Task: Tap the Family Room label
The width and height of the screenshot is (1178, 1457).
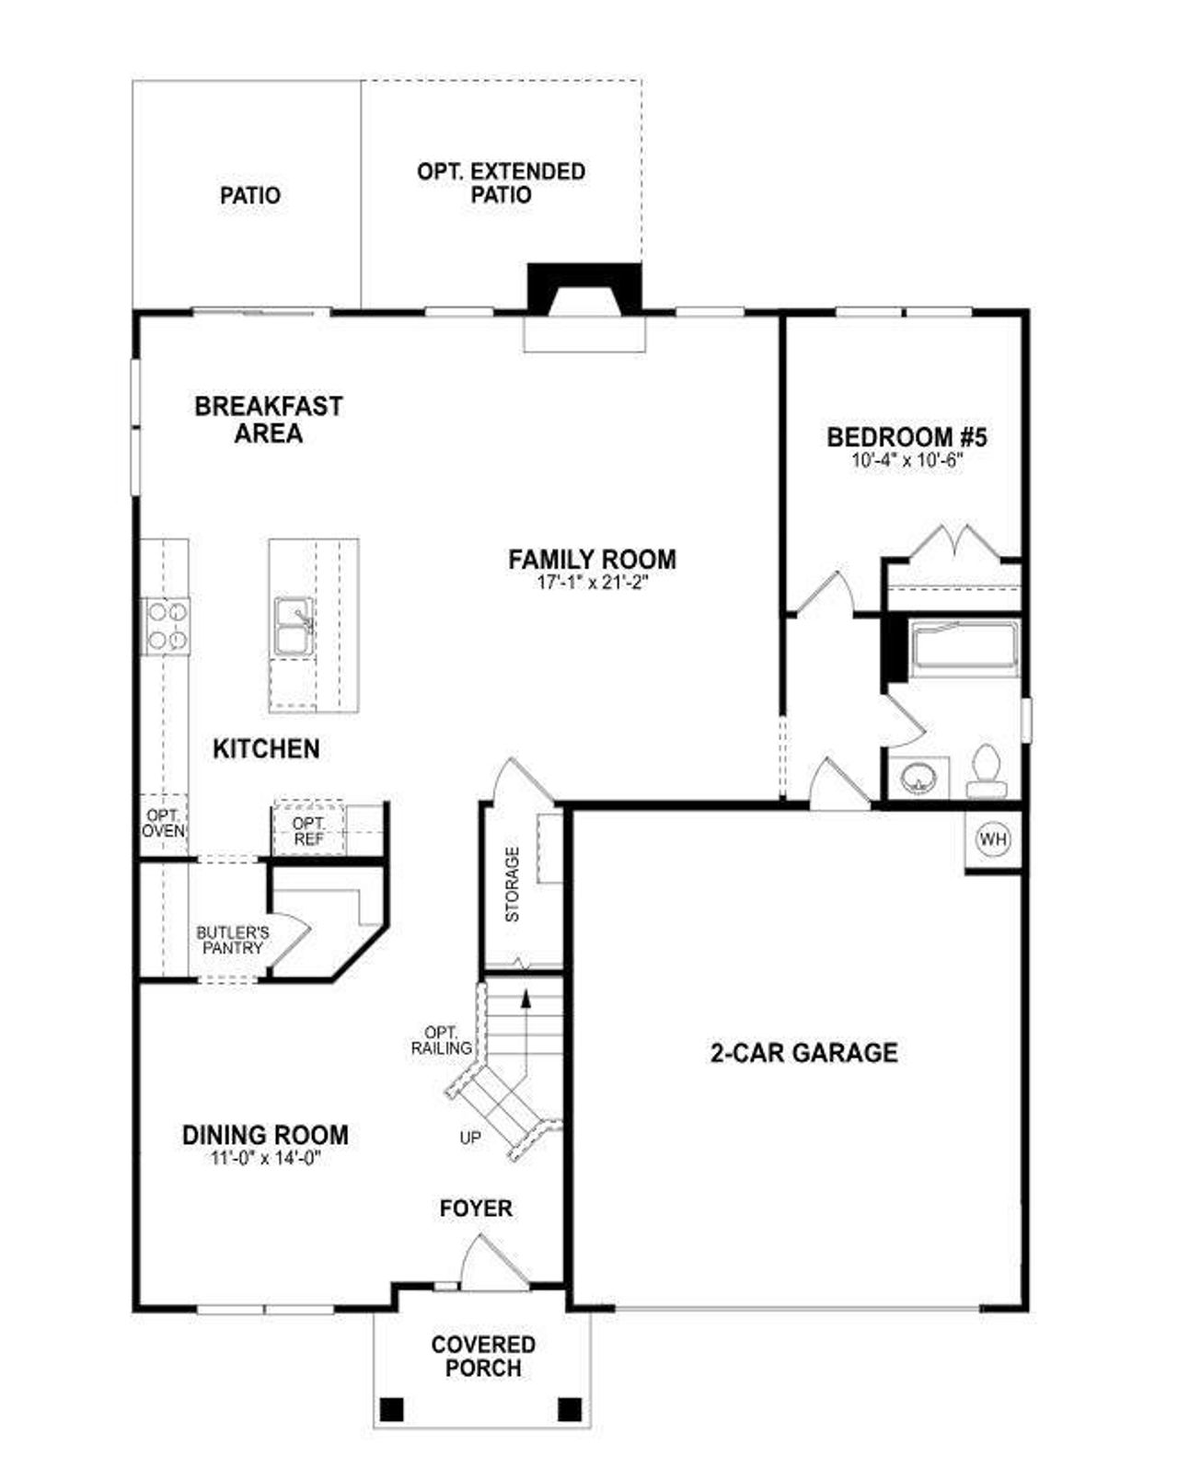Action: [592, 559]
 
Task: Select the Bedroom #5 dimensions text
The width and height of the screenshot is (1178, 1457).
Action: [907, 461]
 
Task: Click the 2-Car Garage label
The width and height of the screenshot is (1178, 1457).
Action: [803, 1052]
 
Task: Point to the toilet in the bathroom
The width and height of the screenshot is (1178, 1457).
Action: [987, 771]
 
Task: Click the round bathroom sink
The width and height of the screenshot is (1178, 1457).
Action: [918, 779]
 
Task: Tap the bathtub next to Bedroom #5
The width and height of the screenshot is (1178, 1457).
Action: [964, 648]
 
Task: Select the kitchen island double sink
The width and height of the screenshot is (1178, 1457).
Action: [293, 626]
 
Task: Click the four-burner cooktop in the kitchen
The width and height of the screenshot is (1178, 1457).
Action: [166, 626]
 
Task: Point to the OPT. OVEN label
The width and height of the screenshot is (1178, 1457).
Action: [163, 824]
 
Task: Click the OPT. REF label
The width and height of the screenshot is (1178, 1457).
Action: [308, 831]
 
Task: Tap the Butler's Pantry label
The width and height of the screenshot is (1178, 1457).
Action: [233, 940]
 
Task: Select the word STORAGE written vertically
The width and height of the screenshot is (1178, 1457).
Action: [513, 885]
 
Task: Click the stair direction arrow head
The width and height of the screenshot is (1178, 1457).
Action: [525, 996]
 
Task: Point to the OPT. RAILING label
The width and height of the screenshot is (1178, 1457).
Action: [442, 1040]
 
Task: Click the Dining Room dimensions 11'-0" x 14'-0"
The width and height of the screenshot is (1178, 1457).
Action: [265, 1159]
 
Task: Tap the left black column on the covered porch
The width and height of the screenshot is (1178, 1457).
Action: [391, 1409]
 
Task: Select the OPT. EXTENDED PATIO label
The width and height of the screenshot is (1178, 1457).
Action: [501, 183]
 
